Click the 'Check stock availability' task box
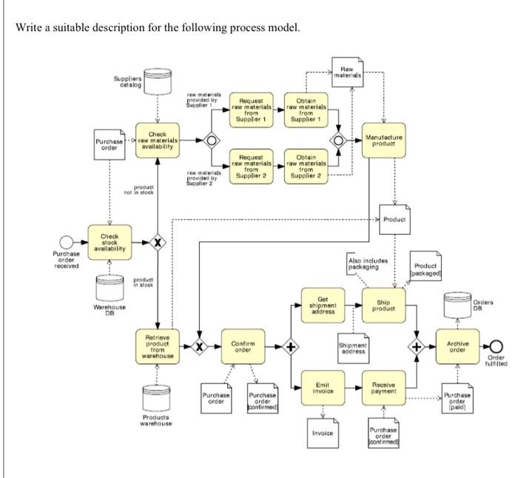pyautogui.click(x=110, y=242)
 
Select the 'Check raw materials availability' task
pyautogui.click(x=158, y=140)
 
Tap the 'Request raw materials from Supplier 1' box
pyautogui.click(x=252, y=109)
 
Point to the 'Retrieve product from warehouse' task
pyautogui.click(x=158, y=347)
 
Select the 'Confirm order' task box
pyautogui.click(x=243, y=347)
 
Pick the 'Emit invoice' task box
pyautogui.click(x=323, y=388)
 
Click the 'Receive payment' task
pyautogui.click(x=383, y=388)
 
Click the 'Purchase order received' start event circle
pyautogui.click(x=67, y=242)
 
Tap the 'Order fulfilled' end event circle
pyautogui.click(x=494, y=346)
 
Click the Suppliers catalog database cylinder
pyautogui.click(x=154, y=81)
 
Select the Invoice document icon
pyautogui.click(x=323, y=431)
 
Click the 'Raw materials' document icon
pyautogui.click(x=348, y=72)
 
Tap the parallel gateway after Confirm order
pyautogui.click(x=292, y=347)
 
